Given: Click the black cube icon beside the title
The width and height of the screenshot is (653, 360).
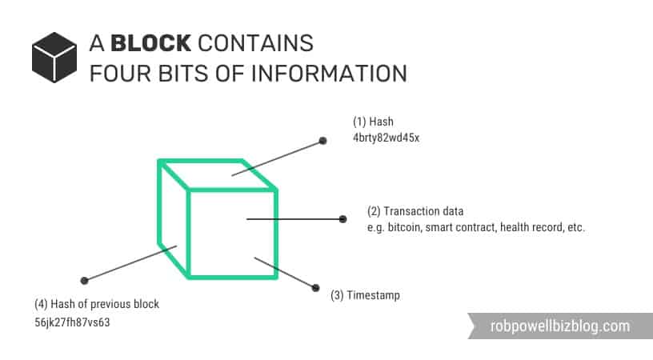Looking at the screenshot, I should coord(54,57).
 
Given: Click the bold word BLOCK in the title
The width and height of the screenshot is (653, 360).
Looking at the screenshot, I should coord(150,42).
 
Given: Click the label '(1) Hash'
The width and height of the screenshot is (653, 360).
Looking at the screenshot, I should coord(373,122).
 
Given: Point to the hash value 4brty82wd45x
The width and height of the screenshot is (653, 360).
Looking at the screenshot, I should coord(386,138).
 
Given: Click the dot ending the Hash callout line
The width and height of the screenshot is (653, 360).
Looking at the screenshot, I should coord(322,141).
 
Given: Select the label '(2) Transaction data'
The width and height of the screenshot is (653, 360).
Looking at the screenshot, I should coord(415,212).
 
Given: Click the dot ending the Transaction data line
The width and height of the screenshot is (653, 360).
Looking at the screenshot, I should coord(343,218).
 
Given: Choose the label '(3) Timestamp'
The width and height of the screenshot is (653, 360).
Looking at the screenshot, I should coord(365,295).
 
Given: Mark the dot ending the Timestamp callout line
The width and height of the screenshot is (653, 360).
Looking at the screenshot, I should coord(314,287).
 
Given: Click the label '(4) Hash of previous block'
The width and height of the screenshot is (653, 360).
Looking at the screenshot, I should coord(97,304).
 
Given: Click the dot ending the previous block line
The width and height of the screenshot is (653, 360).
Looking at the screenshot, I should coord(84,280).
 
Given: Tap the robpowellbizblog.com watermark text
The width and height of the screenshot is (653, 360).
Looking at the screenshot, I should coord(559,326).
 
